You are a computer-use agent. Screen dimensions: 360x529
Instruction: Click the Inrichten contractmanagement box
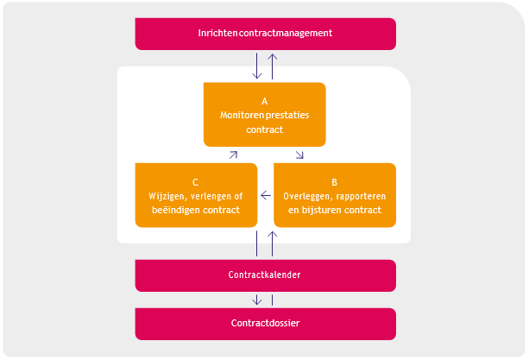tap(265, 34)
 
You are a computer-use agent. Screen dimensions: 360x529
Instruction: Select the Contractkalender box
tap(265, 275)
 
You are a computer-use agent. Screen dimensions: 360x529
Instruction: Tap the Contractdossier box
tap(265, 324)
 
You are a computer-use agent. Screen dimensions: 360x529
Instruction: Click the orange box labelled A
tap(264, 114)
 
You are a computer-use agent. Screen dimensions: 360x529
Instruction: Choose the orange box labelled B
tap(335, 195)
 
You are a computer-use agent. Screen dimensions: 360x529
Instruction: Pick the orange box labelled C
tap(196, 195)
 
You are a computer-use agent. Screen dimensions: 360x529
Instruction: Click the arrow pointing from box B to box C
tap(265, 195)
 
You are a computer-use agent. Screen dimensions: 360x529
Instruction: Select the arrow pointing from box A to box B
tap(299, 155)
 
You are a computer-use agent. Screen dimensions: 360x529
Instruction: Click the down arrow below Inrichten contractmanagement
tap(257, 66)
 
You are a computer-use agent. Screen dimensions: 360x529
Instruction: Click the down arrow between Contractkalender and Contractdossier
tap(257, 300)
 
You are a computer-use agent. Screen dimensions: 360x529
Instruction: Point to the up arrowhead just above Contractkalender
tap(273, 235)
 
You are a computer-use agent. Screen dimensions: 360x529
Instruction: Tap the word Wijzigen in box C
tap(167, 196)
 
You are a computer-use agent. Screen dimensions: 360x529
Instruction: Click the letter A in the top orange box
tap(265, 101)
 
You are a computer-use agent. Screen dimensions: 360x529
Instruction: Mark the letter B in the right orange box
tap(335, 182)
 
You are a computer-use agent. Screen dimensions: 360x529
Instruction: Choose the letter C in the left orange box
tap(196, 182)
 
